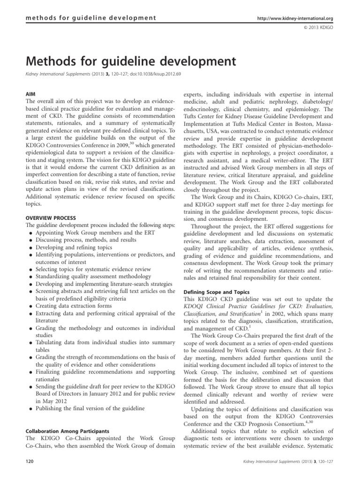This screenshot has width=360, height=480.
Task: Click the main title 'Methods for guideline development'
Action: click(126, 61)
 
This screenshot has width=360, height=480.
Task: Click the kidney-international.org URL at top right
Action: click(296, 18)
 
